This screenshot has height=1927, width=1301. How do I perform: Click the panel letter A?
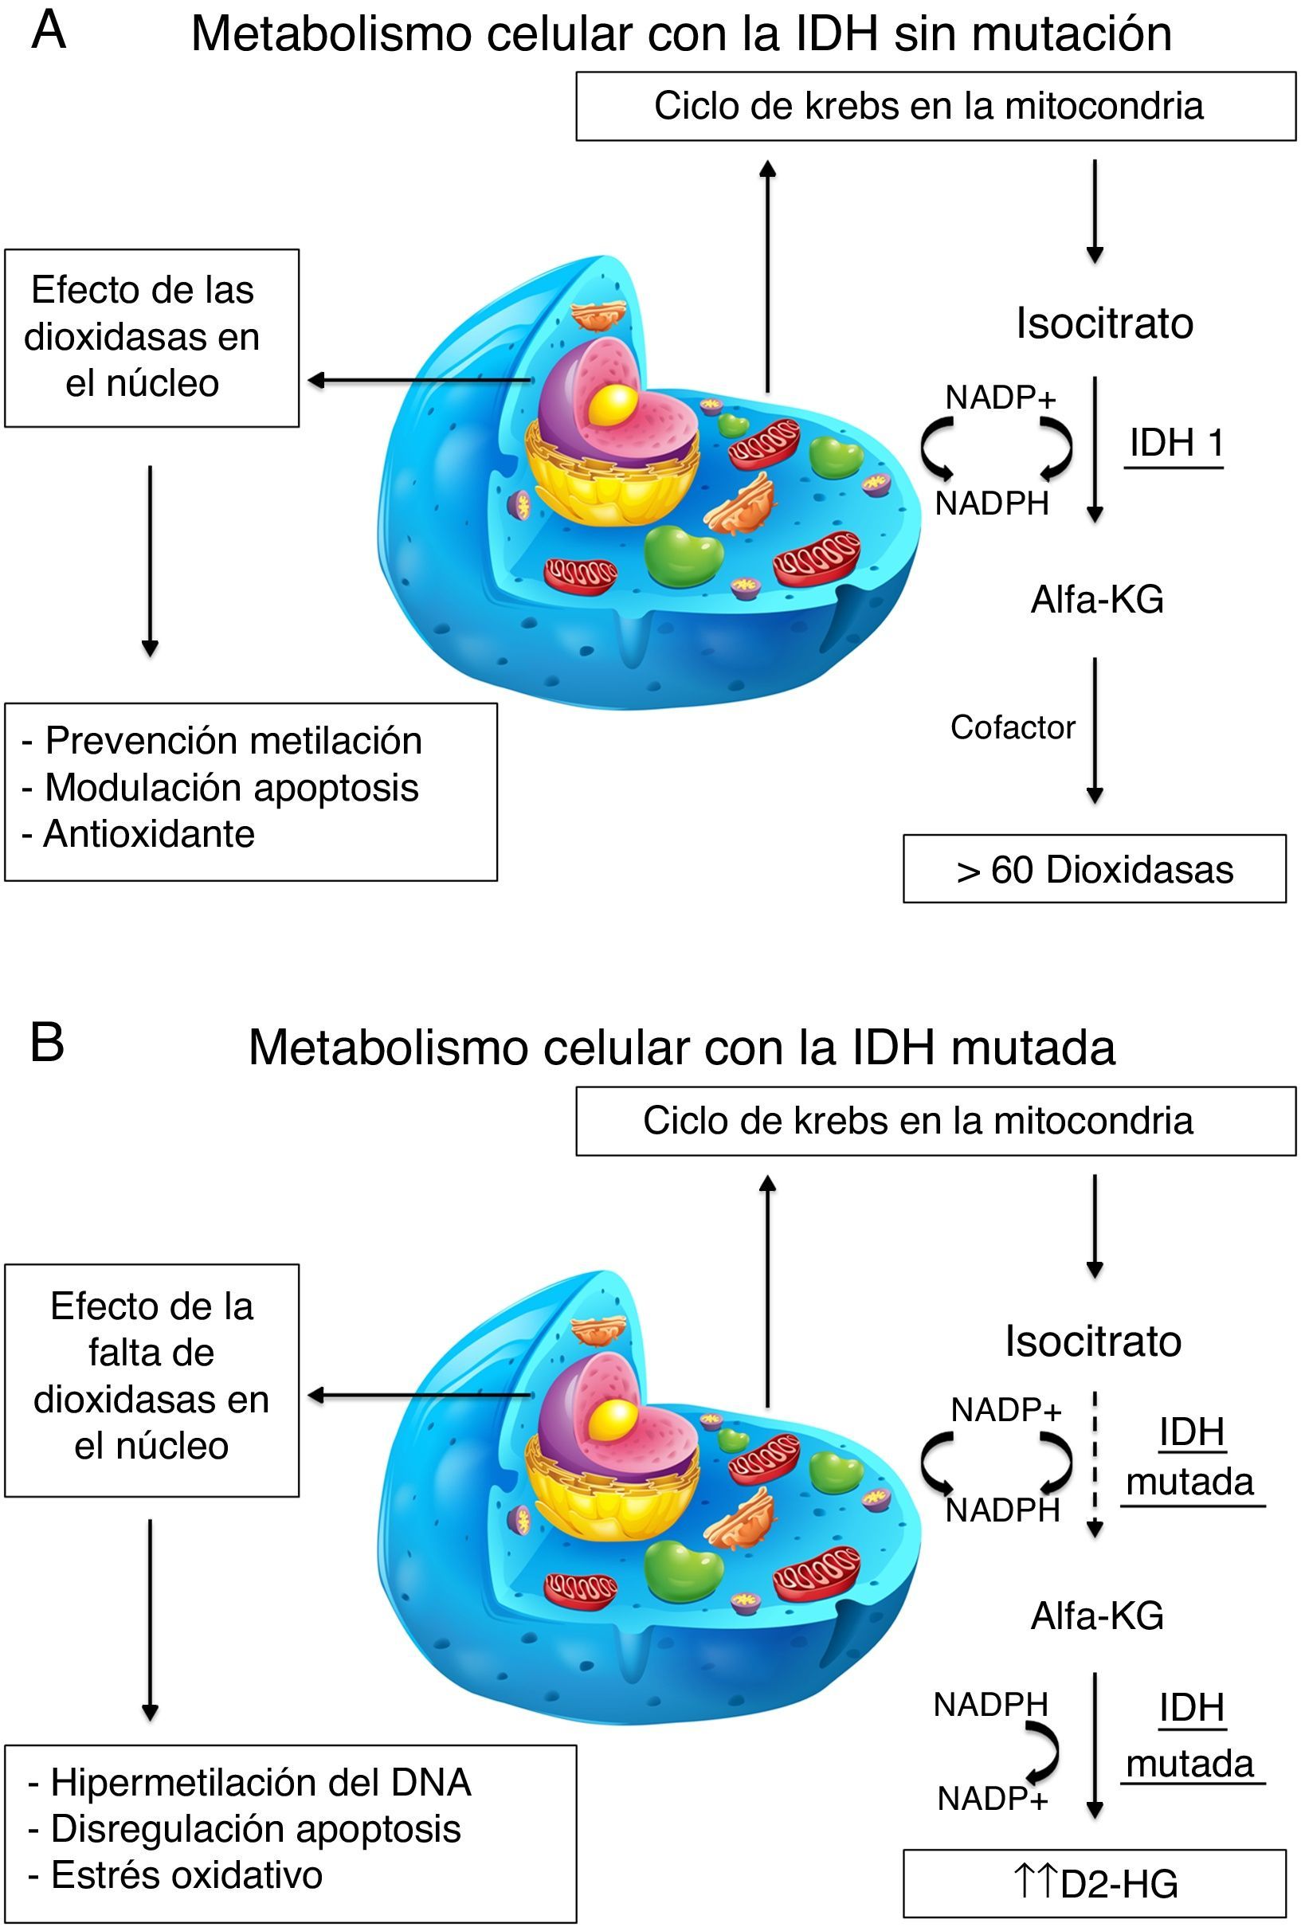click(48, 32)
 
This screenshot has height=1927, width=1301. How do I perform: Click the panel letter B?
click(47, 1042)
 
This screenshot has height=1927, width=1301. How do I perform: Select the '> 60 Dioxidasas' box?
click(1094, 869)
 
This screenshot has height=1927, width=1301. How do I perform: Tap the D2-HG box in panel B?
click(1094, 1883)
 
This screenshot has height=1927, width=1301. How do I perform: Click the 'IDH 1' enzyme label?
click(1176, 444)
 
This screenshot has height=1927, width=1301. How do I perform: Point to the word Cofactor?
click(1013, 727)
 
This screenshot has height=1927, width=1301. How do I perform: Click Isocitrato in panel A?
click(1104, 323)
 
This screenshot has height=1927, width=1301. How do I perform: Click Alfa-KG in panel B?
click(1096, 1616)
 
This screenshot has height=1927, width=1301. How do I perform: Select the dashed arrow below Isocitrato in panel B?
click(1095, 1463)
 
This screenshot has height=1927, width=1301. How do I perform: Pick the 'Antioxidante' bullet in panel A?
click(149, 834)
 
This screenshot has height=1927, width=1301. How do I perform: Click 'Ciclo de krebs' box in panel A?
click(935, 106)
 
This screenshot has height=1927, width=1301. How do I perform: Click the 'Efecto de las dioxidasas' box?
click(151, 338)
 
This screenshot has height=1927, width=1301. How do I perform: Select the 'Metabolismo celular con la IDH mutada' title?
click(682, 1048)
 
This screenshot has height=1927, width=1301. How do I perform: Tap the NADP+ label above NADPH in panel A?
click(1000, 398)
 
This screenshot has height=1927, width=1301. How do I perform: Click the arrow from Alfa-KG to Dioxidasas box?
click(1095, 730)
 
